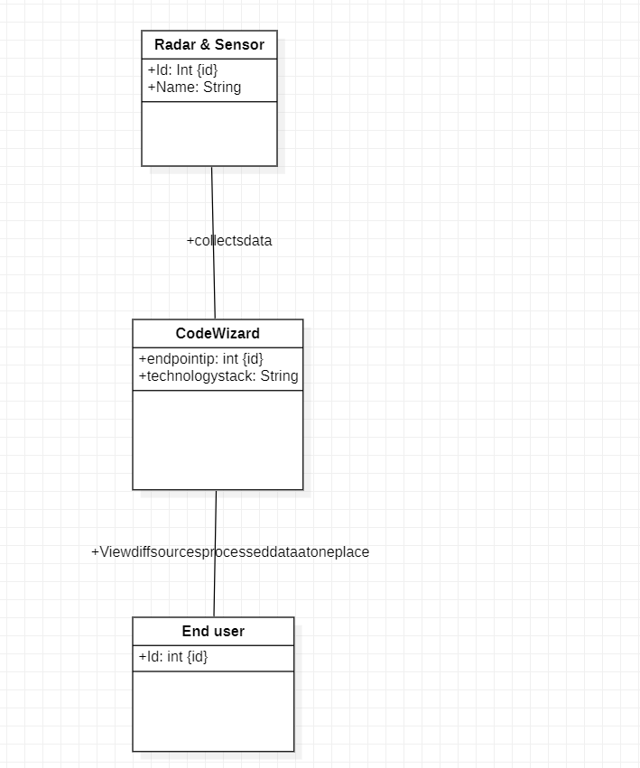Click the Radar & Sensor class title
(209, 45)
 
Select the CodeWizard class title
(218, 334)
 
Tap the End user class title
(213, 632)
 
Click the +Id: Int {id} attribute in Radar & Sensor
(182, 70)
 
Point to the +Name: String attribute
(194, 88)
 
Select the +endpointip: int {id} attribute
(200, 359)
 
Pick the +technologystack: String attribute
(218, 375)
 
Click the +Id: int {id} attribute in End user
(173, 657)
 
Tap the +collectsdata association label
(229, 241)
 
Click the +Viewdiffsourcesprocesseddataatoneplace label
(230, 552)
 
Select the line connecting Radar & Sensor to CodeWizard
(213, 208)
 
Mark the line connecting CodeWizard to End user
(215, 587)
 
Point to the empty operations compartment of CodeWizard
(218, 440)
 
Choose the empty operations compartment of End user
(213, 710)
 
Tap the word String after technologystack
(279, 375)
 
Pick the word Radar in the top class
(173, 45)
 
